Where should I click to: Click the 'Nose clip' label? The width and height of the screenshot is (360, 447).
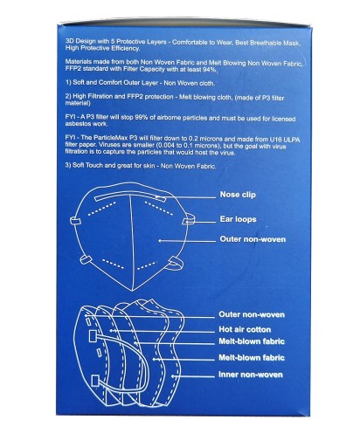238,195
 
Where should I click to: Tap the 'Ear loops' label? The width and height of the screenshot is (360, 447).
238,219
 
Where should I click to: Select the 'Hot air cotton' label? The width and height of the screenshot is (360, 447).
245,329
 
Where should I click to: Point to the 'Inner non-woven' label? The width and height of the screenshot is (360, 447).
251,375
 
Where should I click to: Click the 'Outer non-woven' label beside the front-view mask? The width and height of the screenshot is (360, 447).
253,239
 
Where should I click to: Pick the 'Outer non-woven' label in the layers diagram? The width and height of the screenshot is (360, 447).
252,314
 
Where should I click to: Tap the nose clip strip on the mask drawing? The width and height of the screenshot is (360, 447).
130,196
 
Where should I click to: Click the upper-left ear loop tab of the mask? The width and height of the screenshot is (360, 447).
76,221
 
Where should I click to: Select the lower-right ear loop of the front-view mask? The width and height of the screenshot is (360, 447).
176,263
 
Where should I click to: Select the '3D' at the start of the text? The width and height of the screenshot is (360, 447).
70,41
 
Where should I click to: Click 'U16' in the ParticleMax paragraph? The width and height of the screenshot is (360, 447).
275,139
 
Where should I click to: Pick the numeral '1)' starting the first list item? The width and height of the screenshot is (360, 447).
68,82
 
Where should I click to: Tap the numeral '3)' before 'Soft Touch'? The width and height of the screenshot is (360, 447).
68,165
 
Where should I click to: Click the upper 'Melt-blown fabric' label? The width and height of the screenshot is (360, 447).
252,341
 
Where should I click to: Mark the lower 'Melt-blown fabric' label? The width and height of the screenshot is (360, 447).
252,358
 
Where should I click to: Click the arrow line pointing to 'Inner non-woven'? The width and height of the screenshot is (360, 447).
193,376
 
